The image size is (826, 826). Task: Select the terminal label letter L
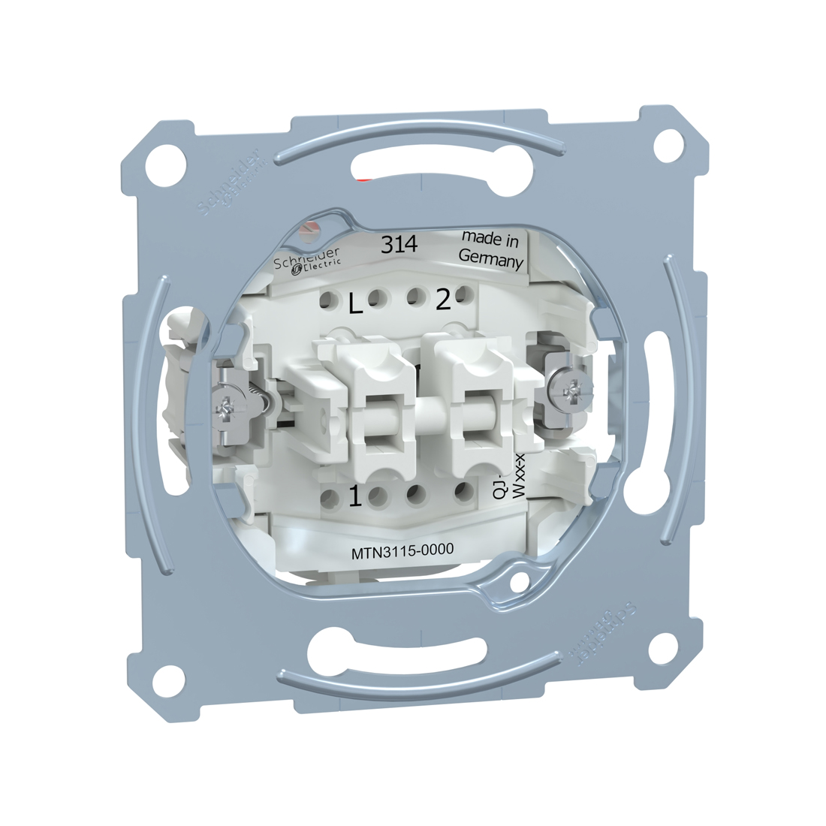click(356, 303)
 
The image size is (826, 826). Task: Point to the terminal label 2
click(443, 300)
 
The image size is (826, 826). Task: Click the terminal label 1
click(354, 496)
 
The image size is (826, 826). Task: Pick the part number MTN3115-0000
click(402, 551)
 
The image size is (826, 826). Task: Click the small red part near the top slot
click(365, 180)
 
